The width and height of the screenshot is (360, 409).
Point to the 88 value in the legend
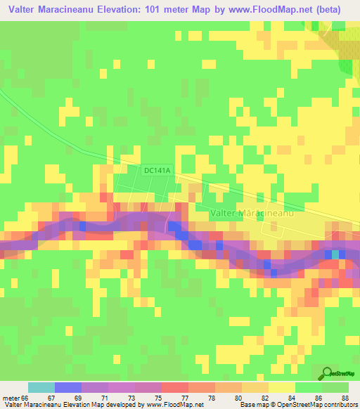click(345, 398)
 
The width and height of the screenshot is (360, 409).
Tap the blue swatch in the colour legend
click(68, 387)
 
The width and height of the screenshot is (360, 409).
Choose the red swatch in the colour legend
click(175, 387)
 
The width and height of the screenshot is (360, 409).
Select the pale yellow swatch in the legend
click(282, 387)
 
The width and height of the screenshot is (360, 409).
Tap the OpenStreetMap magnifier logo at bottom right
click(327, 374)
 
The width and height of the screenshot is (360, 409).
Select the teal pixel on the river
click(335, 254)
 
